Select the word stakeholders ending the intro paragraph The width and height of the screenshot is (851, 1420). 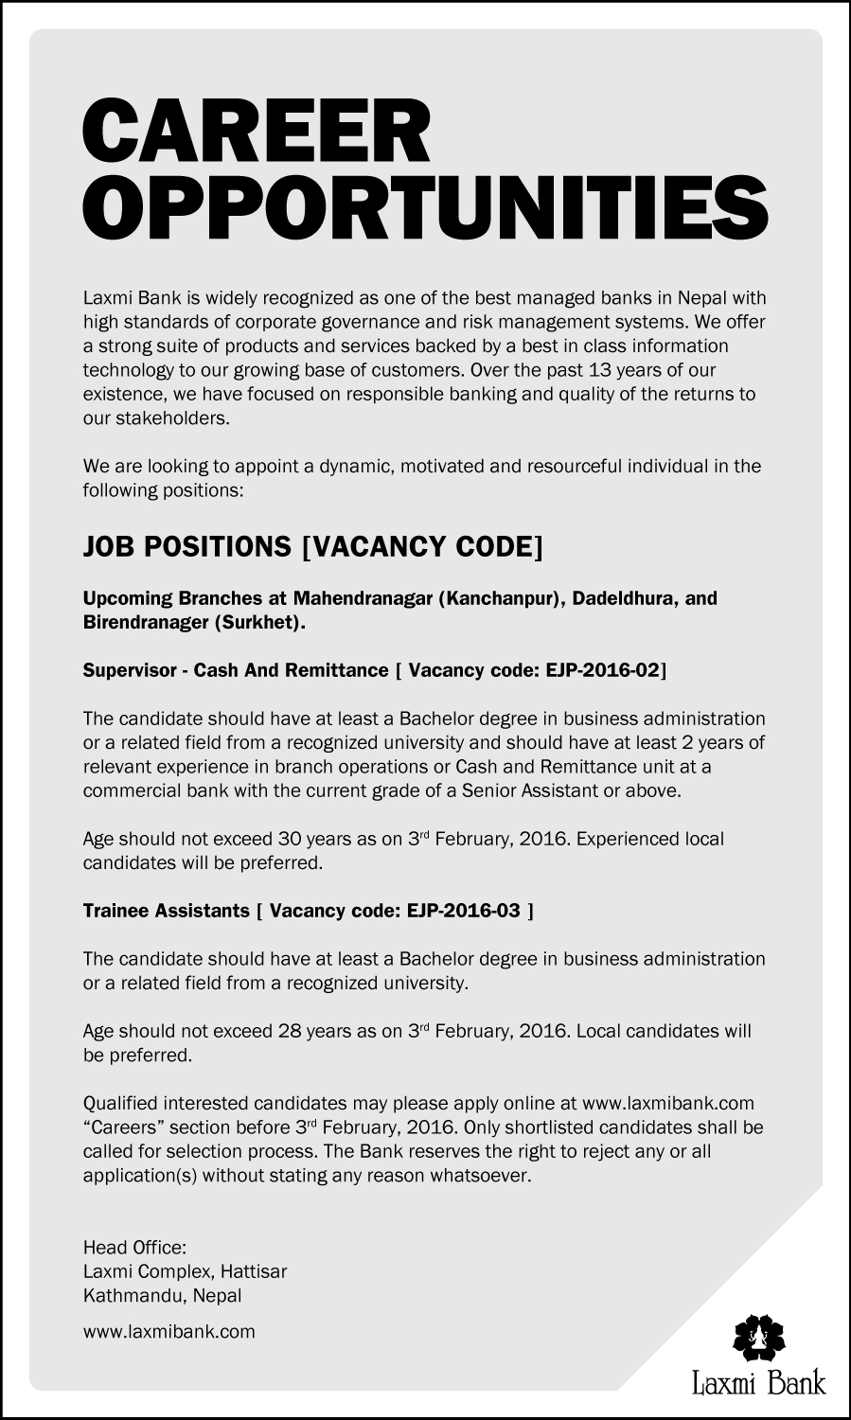tap(178, 418)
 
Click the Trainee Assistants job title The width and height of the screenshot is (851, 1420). tap(166, 911)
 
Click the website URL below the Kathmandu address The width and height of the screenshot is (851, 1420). tap(169, 1331)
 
